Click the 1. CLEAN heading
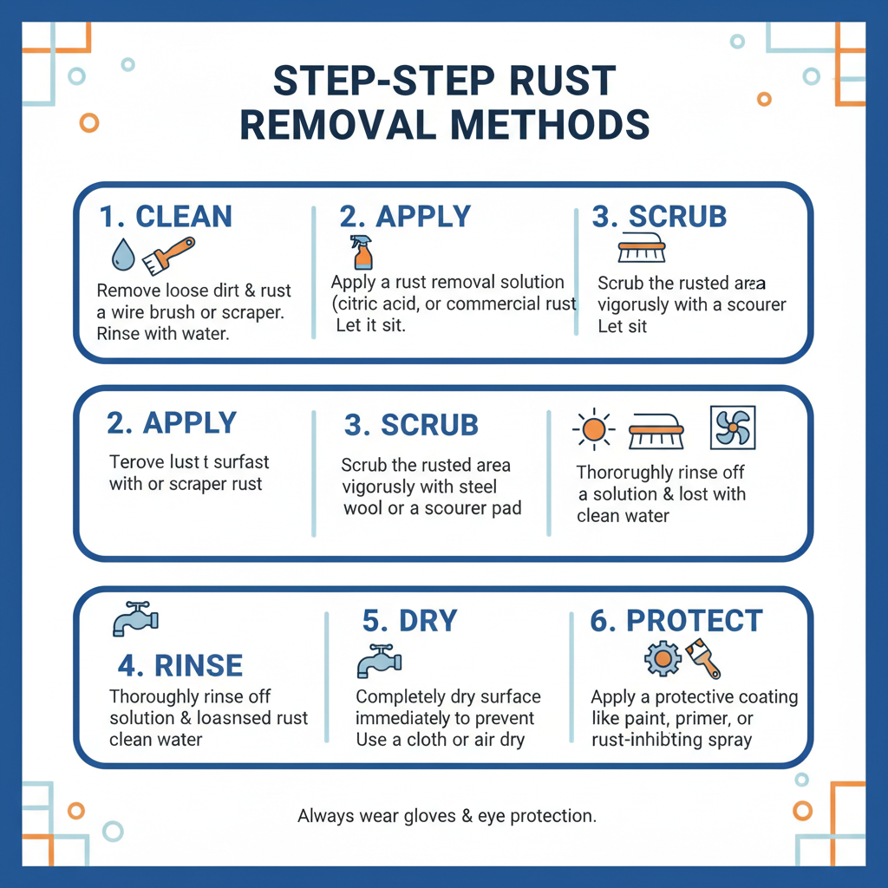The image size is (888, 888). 166,216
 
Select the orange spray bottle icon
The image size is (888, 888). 362,252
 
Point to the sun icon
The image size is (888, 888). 594,429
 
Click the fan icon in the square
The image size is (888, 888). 732,428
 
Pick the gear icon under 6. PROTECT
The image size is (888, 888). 663,659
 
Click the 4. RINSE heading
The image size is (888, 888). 180,666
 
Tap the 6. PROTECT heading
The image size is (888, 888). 676,621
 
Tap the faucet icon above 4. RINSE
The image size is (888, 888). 135,618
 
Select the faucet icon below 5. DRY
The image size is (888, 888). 379,662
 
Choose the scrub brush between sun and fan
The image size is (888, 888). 656,429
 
